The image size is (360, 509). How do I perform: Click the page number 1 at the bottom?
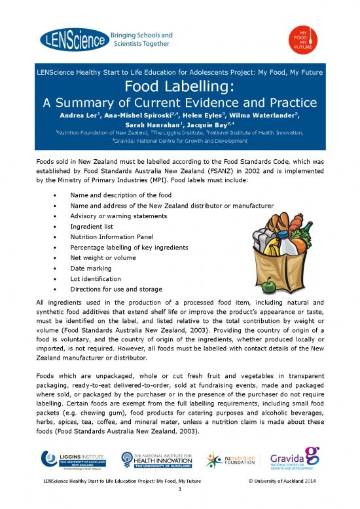coord(180,495)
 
